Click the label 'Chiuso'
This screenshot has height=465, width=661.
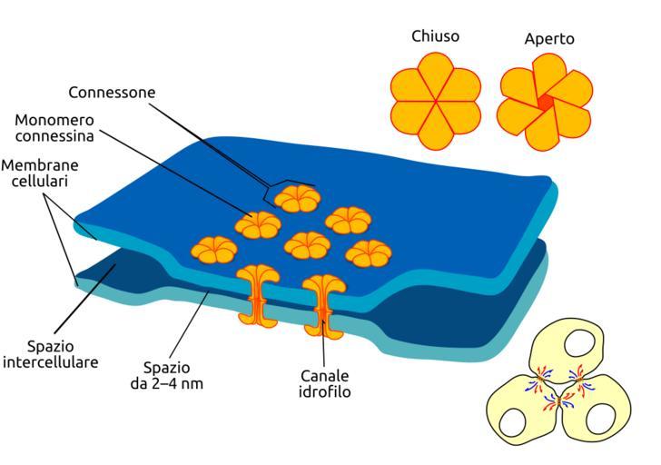(x=436, y=36)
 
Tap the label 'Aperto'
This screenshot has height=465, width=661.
(x=549, y=39)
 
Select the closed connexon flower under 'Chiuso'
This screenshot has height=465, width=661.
(x=436, y=99)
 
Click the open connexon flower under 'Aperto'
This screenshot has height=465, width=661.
(x=545, y=101)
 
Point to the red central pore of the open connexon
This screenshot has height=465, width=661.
(x=545, y=103)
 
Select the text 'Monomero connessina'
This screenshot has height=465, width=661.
(x=56, y=130)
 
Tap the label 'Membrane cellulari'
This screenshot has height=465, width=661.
(x=40, y=173)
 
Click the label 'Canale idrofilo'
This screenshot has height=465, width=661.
(x=325, y=384)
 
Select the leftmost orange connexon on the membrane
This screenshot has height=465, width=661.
(x=213, y=248)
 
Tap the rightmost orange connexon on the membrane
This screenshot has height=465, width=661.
(x=369, y=253)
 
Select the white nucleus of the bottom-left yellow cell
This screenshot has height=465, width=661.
(x=512, y=420)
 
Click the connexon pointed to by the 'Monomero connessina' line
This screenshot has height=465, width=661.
(x=256, y=223)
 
